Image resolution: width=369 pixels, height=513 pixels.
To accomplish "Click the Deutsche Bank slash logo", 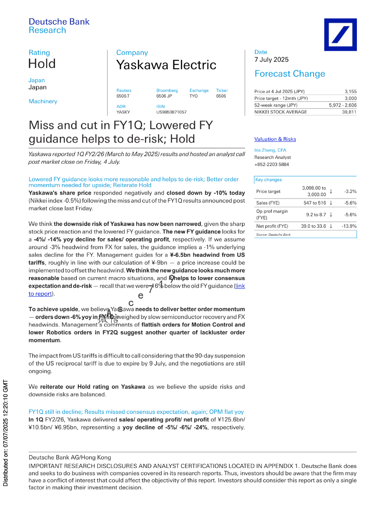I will tap(340, 34).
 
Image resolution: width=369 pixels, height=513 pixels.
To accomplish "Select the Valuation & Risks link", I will tap(275, 139).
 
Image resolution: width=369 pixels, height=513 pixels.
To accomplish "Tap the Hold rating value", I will tap(42, 64).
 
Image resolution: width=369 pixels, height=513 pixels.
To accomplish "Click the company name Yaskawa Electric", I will tap(166, 65).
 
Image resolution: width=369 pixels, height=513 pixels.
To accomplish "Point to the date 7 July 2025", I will tap(271, 60).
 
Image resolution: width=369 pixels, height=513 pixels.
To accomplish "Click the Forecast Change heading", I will tap(289, 74).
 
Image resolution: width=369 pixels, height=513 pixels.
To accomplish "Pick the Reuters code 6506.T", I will tap(123, 96).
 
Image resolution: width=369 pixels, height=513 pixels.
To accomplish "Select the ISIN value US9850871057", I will tap(171, 112).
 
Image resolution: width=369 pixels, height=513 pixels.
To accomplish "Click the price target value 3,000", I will tap(350, 98).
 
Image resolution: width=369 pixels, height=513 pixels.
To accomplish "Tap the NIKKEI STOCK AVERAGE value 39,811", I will tap(349, 112).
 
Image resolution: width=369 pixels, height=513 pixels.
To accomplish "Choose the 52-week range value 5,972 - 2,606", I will tap(343, 105).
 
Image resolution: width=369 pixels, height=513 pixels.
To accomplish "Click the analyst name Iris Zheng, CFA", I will tap(270, 150).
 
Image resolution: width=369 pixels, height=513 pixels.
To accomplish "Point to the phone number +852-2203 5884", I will tap(271, 164).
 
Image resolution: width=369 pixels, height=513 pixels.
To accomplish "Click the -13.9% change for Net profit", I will tap(349, 226).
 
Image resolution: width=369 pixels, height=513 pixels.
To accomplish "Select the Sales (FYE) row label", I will tap(268, 203).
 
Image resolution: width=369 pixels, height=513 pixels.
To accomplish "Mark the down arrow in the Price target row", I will tap(331, 191).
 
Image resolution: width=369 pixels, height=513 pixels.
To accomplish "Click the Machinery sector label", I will tap(43, 101).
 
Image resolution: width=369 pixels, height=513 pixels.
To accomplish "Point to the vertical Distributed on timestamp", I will tap(5, 433).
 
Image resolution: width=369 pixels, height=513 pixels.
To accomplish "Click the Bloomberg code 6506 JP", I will tap(164, 96).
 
